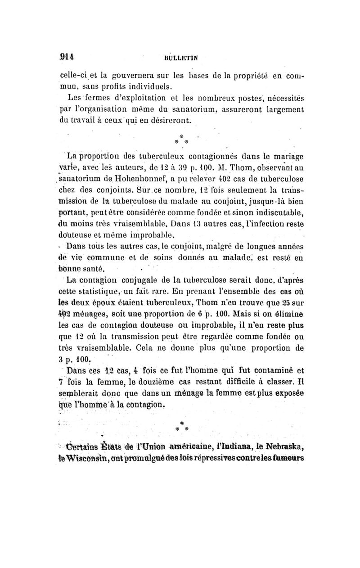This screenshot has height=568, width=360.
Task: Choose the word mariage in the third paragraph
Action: click(286, 156)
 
